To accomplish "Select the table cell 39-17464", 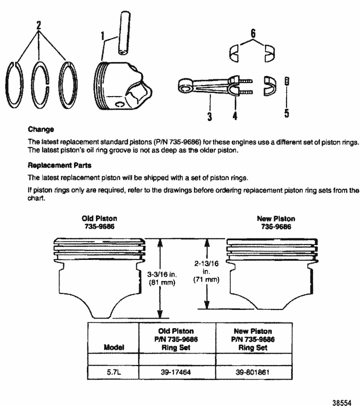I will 177,372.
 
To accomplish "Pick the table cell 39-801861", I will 253,372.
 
